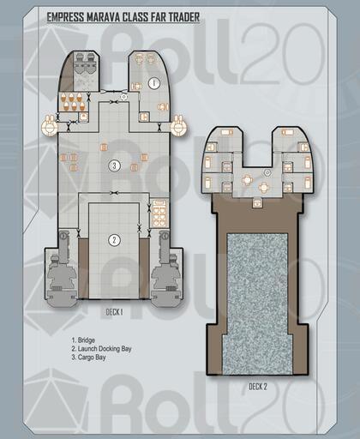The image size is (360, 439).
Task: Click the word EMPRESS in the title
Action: point(66,17)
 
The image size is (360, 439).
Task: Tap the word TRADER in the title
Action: point(183,17)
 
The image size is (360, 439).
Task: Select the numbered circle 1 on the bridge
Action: point(154,83)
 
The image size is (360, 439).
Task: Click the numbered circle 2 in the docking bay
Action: point(114,240)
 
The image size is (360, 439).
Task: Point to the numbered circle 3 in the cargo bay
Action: point(114,165)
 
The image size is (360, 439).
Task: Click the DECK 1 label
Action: point(114,312)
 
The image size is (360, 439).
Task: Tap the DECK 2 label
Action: point(258,387)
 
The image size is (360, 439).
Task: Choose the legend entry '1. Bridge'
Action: point(83,340)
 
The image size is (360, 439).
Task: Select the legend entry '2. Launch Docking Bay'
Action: point(101,349)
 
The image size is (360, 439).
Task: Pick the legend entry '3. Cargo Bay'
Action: point(88,358)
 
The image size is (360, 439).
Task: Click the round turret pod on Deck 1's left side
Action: point(50,125)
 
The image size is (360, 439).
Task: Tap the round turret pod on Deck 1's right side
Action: point(179,125)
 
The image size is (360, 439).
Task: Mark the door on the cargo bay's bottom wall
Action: point(114,193)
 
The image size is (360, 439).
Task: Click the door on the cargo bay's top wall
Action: point(114,102)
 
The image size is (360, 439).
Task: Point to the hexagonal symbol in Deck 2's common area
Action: point(267,172)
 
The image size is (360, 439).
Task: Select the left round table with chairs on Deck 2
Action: point(247,180)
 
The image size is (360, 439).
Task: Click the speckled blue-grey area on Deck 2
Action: point(257,304)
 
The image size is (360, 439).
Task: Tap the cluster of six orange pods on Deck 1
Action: point(73,102)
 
